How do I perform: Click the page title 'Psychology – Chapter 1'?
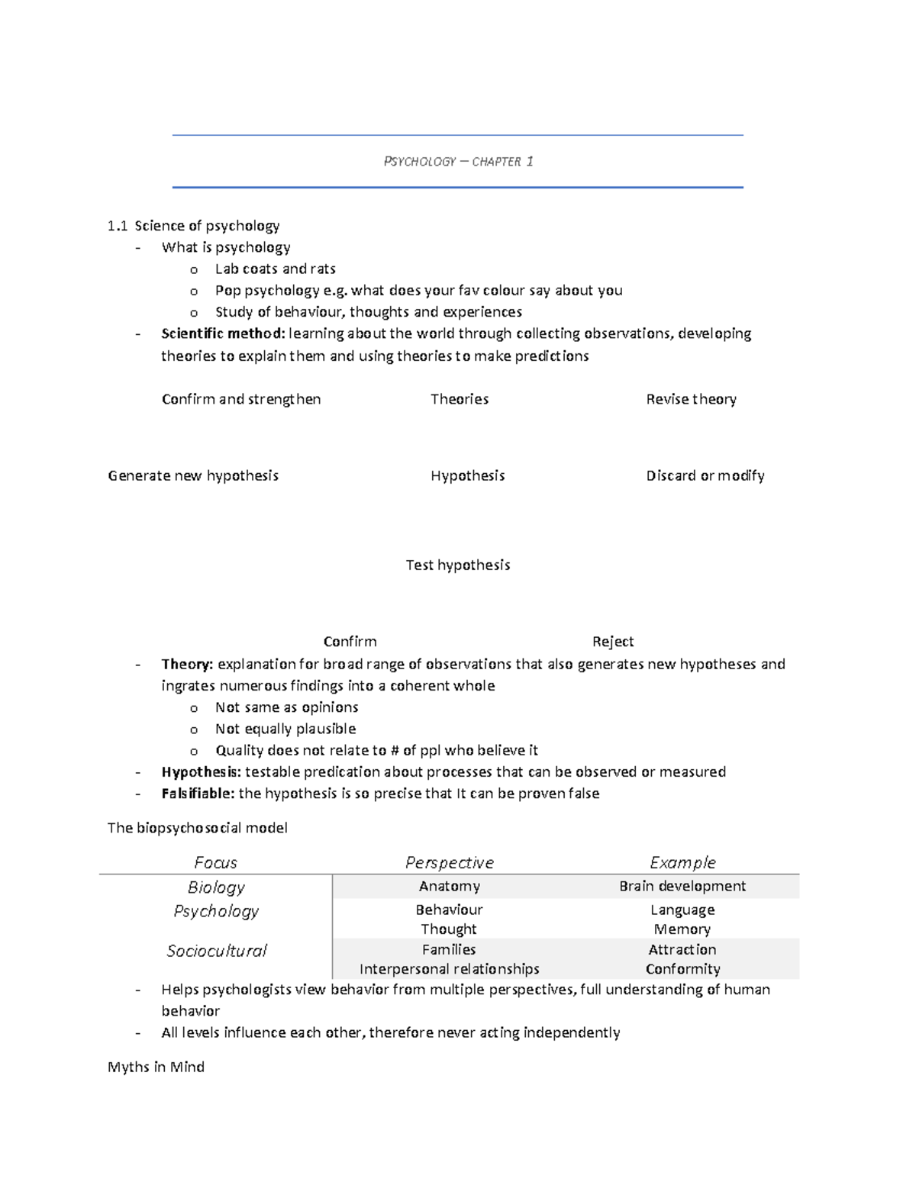tap(458, 162)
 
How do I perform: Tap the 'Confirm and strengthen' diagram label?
tap(241, 399)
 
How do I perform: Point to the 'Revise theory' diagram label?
tap(691, 399)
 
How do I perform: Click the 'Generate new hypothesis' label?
tap(193, 475)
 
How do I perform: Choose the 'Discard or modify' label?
tap(705, 475)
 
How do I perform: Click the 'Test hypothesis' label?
tap(458, 565)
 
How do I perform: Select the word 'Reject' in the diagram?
tap(613, 642)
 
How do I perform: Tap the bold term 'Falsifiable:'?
tap(198, 794)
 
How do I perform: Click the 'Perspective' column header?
tap(449, 862)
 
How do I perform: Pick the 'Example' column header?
tap(682, 862)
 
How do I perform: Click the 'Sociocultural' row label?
tap(217, 951)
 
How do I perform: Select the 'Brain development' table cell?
tap(682, 886)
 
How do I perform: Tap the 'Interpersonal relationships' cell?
tap(449, 969)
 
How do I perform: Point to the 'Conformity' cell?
tap(682, 969)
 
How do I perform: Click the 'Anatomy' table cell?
tap(449, 886)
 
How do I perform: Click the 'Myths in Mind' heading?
tap(156, 1067)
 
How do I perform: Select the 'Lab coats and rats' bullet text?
tap(275, 269)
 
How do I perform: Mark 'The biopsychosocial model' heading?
tap(198, 828)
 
